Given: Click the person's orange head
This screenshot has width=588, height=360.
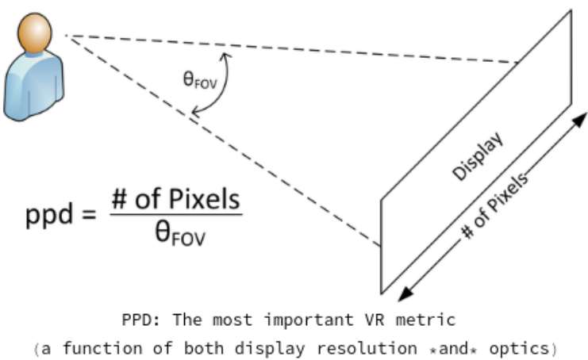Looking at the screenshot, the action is click(34, 33).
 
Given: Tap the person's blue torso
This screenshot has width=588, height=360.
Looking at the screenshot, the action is click(34, 87).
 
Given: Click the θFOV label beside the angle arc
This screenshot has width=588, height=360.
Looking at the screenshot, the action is click(200, 81).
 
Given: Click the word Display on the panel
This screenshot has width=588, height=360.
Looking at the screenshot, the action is click(478, 156).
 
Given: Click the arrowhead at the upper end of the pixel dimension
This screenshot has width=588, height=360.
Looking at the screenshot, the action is click(579, 120).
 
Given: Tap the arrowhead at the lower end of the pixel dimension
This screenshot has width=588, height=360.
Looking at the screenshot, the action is click(405, 293).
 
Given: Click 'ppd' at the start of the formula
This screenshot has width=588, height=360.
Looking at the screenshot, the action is click(48, 216).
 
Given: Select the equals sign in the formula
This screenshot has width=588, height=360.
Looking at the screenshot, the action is click(89, 215).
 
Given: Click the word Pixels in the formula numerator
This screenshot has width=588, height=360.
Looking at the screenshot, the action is click(205, 199).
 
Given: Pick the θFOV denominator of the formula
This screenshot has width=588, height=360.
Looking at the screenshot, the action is click(180, 233).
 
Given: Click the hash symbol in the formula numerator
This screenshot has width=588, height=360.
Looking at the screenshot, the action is click(119, 199).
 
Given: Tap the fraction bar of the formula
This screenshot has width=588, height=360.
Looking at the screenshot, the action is click(176, 214).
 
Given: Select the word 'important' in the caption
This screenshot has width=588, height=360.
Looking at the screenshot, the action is click(309, 320).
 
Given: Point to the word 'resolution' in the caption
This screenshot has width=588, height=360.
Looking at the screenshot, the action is click(367, 348).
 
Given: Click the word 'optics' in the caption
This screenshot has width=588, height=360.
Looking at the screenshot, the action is click(519, 349).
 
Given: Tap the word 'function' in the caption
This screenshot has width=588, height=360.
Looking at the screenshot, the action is click(102, 348).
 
